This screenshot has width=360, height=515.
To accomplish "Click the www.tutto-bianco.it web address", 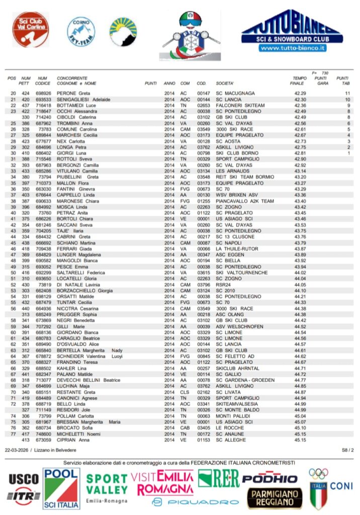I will pyautogui.click(x=293, y=48).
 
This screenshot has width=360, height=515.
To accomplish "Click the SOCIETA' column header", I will pyautogui.click(x=225, y=83).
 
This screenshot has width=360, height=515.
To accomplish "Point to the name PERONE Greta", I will pyautogui.click(x=73, y=94).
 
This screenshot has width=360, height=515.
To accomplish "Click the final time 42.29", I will pyautogui.click(x=300, y=94).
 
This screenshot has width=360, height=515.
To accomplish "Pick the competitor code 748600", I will pyautogui.click(x=43, y=434).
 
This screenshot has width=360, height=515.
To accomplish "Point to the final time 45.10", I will pyautogui.click(x=300, y=427).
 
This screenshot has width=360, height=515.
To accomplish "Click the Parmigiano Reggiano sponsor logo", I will pyautogui.click(x=275, y=497).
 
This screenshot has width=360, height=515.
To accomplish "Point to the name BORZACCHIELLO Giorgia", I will pyautogui.click(x=84, y=290).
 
